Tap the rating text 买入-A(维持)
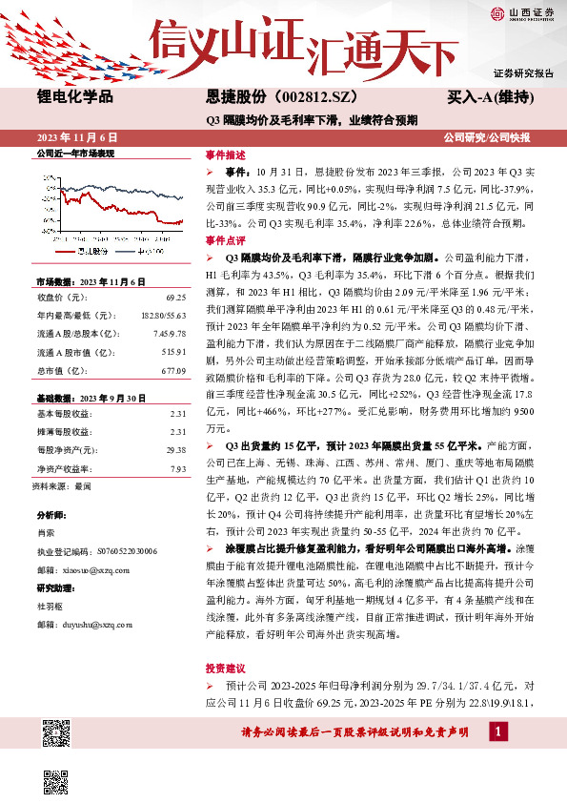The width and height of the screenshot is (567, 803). pos(489,97)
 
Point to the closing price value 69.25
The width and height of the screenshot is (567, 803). pos(174,299)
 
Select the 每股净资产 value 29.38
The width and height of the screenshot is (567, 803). pos(174,449)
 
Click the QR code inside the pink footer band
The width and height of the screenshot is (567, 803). pos(57,732)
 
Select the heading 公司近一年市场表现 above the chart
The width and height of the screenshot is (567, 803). pos(74,154)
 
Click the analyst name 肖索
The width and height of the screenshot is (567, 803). pos(46,532)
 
